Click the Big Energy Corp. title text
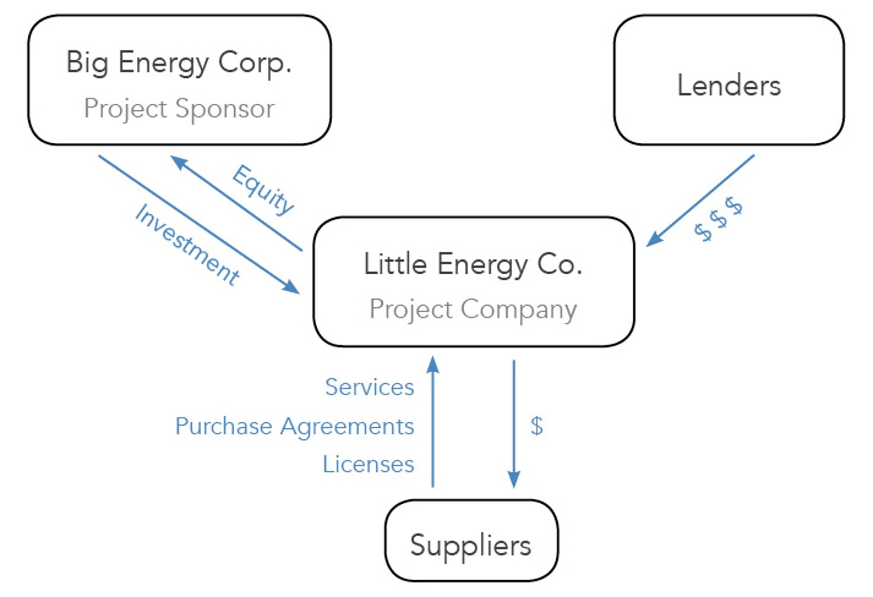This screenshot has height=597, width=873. (x=179, y=63)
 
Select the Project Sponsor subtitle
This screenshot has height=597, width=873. (x=179, y=109)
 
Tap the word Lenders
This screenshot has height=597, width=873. (x=728, y=86)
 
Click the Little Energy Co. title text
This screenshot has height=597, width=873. (x=473, y=264)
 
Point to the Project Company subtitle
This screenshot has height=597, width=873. (x=473, y=309)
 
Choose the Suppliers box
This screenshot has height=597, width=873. (x=471, y=542)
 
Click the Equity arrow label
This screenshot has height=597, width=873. (x=263, y=190)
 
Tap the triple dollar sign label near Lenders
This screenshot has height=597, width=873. (x=718, y=219)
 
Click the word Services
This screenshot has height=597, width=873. (x=369, y=387)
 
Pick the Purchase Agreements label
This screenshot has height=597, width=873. (x=294, y=426)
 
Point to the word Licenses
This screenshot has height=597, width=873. (x=368, y=464)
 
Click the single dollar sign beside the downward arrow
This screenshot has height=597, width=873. (x=536, y=425)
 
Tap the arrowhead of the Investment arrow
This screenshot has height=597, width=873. (x=291, y=287)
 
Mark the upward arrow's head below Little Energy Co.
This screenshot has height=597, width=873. (x=433, y=363)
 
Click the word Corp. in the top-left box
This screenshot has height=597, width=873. (x=255, y=63)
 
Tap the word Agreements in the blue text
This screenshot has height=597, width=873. (x=347, y=426)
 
